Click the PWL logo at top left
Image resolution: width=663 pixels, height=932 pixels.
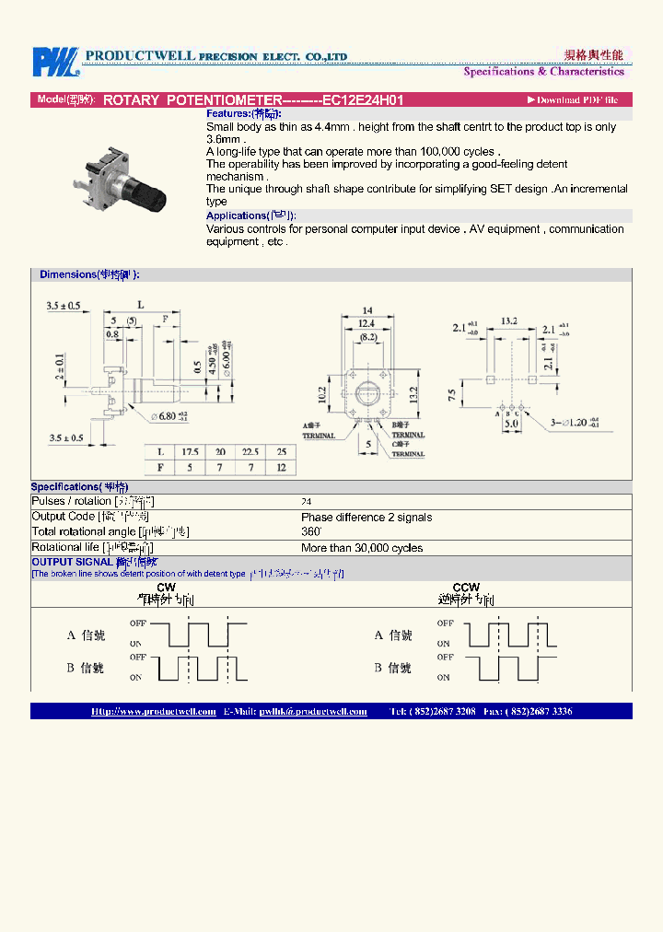[x=56, y=62]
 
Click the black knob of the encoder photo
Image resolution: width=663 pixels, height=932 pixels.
[x=148, y=193]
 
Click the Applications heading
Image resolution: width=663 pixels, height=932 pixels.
[x=250, y=216]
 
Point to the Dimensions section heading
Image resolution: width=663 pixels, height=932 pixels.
[x=89, y=274]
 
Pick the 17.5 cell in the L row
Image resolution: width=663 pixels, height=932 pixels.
[x=191, y=452]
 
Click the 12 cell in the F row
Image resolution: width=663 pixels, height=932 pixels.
[x=282, y=468]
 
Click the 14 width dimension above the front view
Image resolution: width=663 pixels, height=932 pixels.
[x=366, y=310]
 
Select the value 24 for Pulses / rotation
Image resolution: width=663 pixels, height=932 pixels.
[x=306, y=502]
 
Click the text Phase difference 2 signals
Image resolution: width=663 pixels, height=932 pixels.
[x=366, y=518]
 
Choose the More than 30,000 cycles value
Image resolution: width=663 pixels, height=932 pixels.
[x=362, y=548]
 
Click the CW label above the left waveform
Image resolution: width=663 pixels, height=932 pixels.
[x=167, y=587]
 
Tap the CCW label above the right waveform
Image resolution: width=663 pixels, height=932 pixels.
[x=466, y=587]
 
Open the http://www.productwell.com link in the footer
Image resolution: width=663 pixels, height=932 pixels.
[x=154, y=711]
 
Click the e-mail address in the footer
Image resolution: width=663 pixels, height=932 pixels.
[x=313, y=711]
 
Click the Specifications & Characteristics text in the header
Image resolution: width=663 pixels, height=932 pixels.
[x=543, y=72]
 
